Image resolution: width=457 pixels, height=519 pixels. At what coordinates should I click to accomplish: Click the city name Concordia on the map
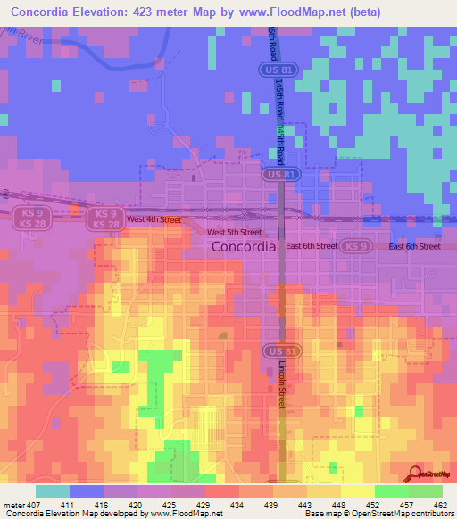point(243,250)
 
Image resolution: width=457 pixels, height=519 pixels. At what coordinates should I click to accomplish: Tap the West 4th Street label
point(154,219)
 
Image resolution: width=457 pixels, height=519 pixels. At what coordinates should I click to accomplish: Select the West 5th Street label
point(234,233)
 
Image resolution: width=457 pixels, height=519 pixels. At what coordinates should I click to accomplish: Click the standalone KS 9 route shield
point(355,246)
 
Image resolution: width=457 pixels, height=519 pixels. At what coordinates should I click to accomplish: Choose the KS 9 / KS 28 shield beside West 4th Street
point(105,218)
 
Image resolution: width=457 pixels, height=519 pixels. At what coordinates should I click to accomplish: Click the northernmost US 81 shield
point(275,68)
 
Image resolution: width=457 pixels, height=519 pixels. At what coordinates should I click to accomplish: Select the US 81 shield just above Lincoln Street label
point(275,352)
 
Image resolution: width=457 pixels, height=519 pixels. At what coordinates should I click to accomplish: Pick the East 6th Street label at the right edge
point(415,246)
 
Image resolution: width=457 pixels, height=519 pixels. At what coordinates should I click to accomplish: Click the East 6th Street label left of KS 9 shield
point(312,246)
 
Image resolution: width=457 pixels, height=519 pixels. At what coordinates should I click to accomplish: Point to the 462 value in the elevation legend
point(441,504)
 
